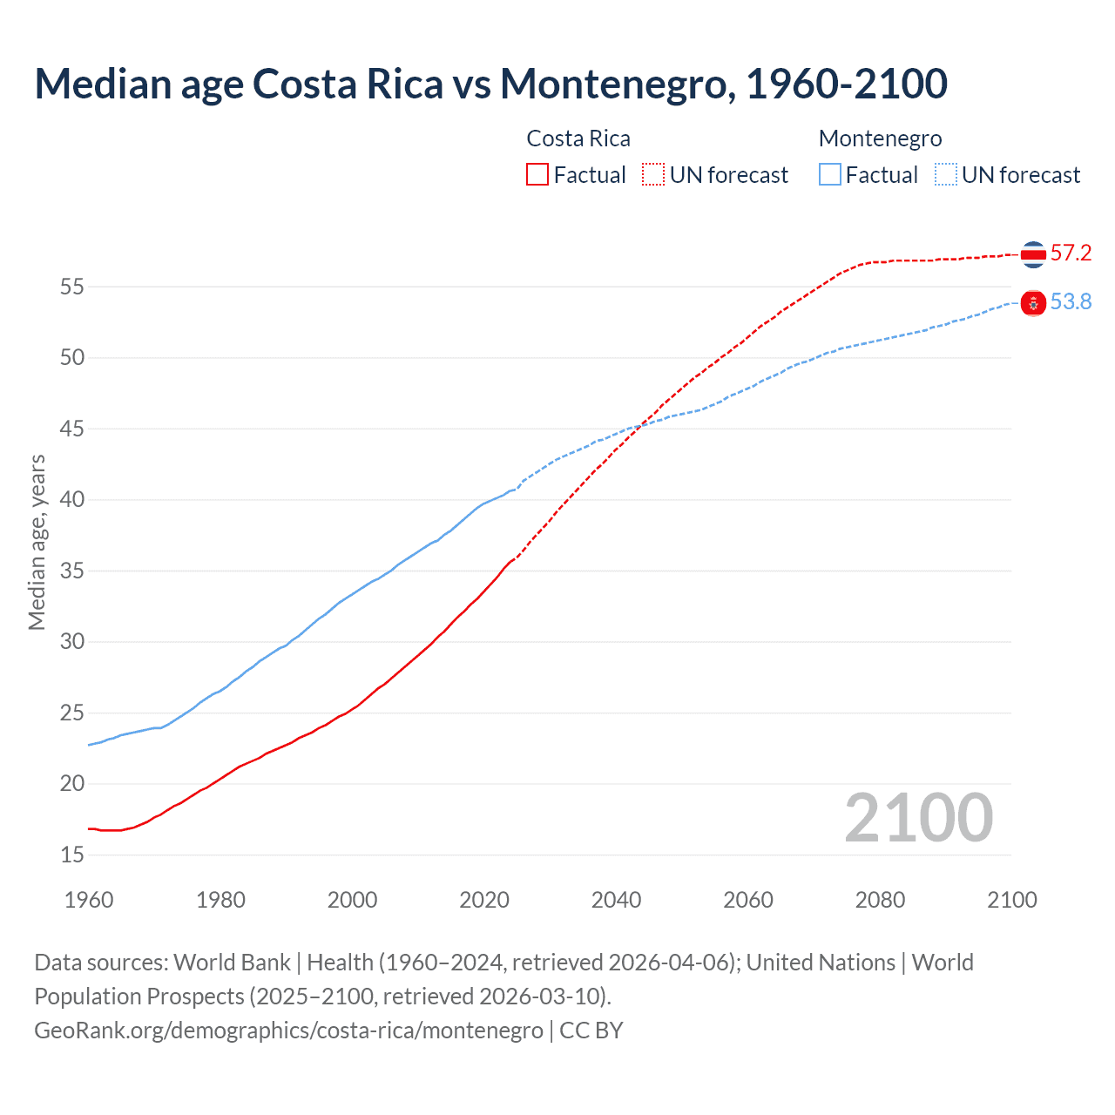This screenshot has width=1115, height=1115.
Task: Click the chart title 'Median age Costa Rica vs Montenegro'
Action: [490, 84]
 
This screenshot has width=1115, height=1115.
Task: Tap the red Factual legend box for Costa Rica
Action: [537, 175]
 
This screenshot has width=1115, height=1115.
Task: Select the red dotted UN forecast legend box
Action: [653, 175]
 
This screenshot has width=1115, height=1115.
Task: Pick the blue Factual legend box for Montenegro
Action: [829, 175]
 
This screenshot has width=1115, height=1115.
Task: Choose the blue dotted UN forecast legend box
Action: [945, 175]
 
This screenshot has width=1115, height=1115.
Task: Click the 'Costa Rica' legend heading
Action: [578, 139]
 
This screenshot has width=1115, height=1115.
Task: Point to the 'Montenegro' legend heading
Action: [880, 139]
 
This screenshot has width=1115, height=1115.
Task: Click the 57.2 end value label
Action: [1071, 253]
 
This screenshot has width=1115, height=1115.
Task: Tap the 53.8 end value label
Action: [1071, 302]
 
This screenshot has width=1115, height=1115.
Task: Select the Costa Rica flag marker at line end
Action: [1033, 254]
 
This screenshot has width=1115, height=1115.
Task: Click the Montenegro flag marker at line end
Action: [1033, 303]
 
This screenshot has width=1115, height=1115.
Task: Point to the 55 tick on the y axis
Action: [72, 287]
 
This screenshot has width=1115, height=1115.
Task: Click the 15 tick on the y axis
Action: [72, 855]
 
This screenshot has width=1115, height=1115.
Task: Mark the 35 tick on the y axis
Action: [72, 571]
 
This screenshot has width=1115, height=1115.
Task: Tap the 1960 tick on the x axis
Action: [89, 900]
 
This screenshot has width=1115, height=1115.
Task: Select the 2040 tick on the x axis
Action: [616, 900]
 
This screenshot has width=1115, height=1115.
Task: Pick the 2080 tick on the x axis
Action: [880, 900]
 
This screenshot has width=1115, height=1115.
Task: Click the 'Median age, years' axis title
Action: [37, 542]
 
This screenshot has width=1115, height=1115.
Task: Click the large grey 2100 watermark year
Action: [918, 818]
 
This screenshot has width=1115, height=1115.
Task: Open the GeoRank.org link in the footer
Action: [288, 1031]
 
